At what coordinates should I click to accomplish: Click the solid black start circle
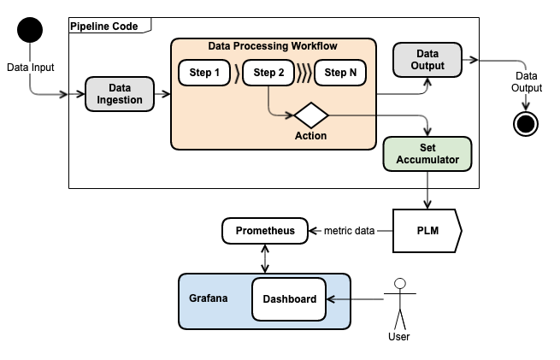(30, 31)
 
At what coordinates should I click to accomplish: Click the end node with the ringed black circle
(526, 124)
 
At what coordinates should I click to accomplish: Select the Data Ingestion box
(119, 94)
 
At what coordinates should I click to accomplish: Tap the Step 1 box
(205, 74)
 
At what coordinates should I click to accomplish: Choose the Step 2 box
(269, 74)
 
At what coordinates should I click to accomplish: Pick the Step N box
(341, 74)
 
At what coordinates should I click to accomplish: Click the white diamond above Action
(310, 115)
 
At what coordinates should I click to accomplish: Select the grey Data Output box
(427, 60)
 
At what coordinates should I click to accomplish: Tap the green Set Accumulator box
(427, 153)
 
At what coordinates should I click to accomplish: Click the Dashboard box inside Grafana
(289, 299)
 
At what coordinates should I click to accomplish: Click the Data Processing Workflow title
(274, 45)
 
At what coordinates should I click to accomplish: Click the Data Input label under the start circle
(30, 66)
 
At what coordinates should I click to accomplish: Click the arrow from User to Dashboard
(355, 299)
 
